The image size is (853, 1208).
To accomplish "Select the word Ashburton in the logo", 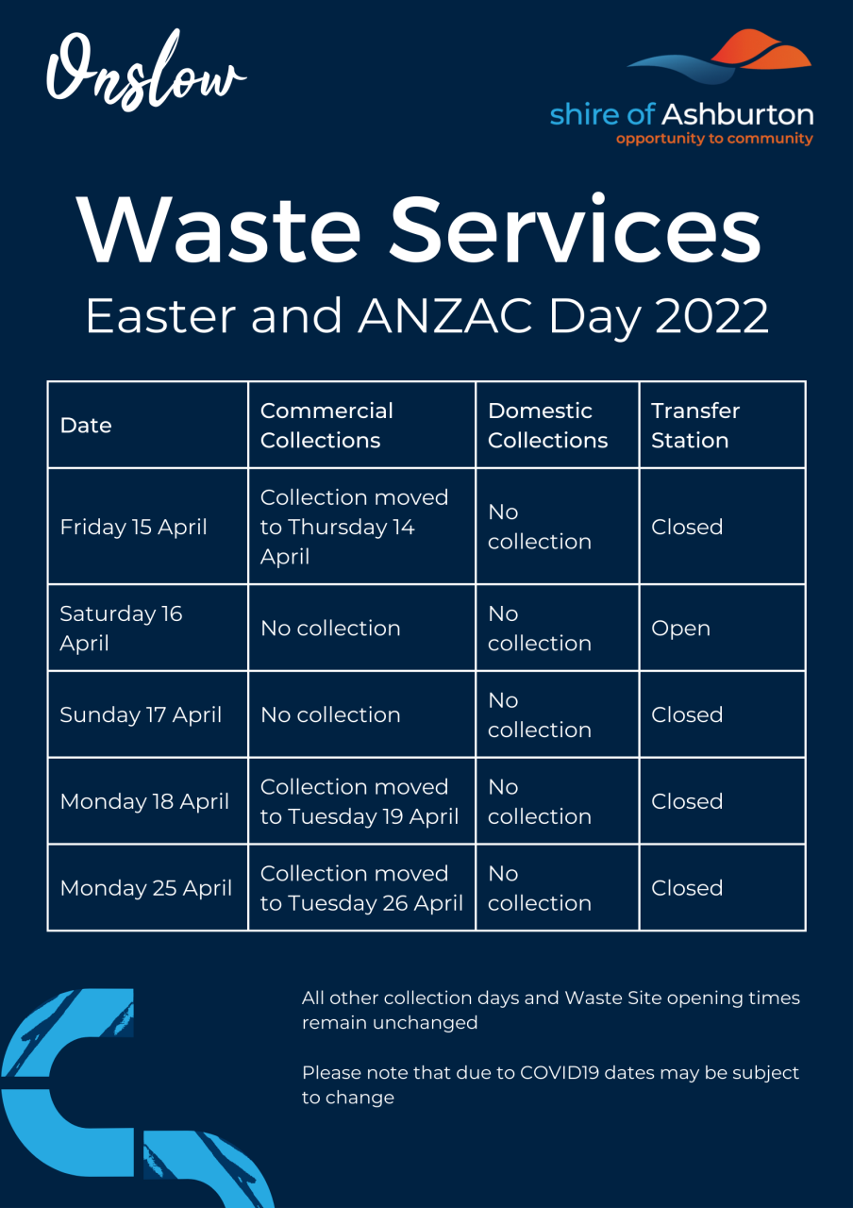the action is (738, 114).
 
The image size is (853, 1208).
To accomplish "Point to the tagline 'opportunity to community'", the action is (714, 139).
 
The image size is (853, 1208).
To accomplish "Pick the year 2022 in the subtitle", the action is (711, 316).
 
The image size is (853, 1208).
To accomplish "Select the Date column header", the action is (86, 426).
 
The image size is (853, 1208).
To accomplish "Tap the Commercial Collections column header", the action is (326, 426).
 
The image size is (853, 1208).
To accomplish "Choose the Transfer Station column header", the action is (695, 426).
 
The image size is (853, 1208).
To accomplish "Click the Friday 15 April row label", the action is (133, 527).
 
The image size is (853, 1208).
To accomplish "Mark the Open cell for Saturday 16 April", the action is (680, 629).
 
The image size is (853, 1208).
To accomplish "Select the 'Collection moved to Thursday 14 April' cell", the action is (354, 527).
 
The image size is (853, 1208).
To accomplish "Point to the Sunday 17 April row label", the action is (141, 715).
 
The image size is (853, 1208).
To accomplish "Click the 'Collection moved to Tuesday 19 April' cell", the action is (360, 802).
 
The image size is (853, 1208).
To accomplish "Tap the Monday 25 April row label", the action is (146, 888).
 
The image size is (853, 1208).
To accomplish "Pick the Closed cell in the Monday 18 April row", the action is (687, 802).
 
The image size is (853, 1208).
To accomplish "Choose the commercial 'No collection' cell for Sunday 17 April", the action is (330, 715).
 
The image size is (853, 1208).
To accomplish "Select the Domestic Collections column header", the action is (548, 426).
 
